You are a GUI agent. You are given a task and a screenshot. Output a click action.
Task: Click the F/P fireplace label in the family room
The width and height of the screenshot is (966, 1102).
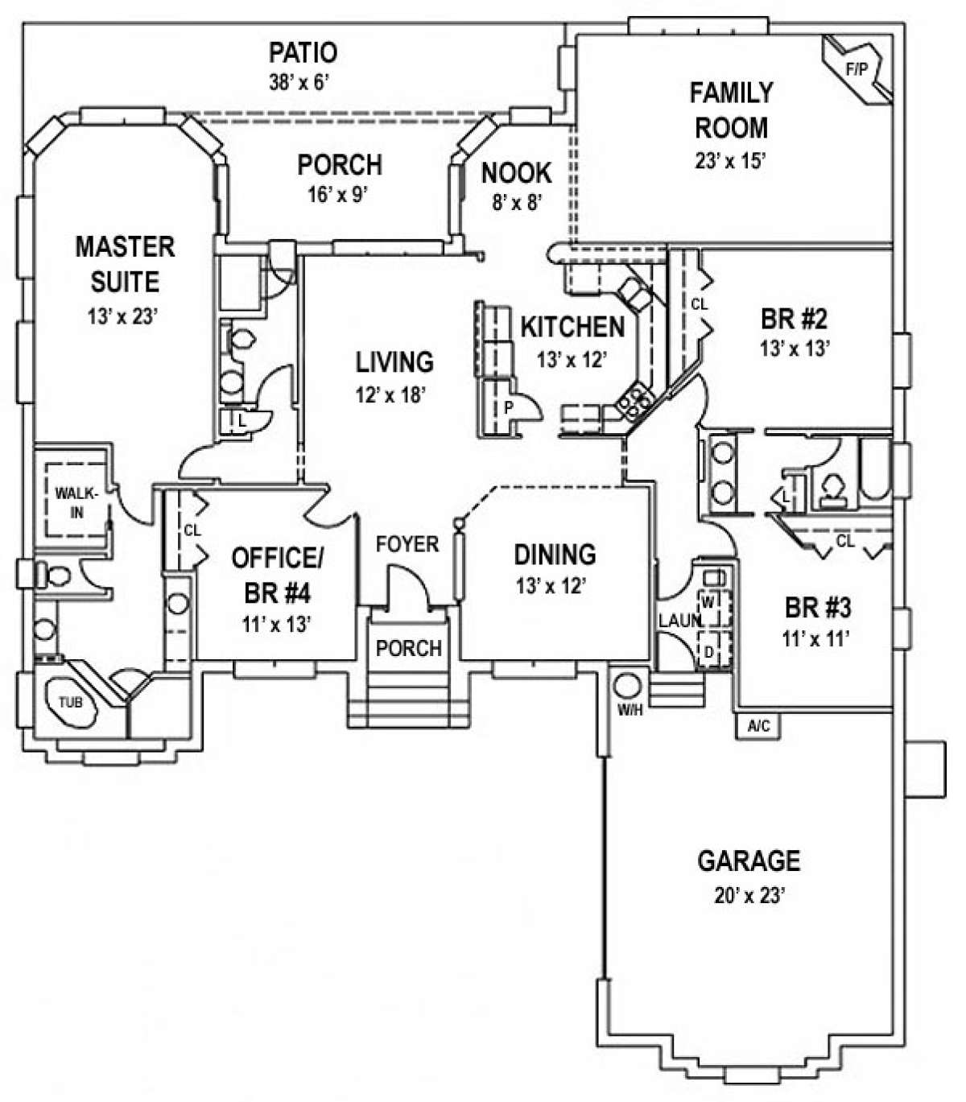coord(857,69)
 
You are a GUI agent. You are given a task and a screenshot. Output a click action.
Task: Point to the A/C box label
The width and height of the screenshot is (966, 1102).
coord(758,726)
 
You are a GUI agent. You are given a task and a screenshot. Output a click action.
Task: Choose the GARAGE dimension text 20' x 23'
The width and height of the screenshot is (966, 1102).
coord(748,896)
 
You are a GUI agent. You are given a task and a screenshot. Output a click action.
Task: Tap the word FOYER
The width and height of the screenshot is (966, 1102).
coord(407,544)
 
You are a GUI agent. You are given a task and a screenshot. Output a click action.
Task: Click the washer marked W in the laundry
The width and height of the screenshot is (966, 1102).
coord(709,601)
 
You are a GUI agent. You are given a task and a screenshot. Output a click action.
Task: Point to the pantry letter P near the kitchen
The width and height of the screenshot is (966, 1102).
coord(509,408)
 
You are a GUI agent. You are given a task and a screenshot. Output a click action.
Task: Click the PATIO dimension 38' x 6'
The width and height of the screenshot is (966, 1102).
coord(301,82)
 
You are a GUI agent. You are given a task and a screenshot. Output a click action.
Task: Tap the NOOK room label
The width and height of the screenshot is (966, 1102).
coord(516,172)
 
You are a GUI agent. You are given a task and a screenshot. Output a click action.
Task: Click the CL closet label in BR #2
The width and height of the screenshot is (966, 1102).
coord(699,305)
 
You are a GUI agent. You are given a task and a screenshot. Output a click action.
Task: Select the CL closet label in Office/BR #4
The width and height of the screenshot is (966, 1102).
coord(192,530)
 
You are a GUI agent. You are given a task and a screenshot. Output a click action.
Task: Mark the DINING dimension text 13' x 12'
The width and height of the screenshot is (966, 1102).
coord(555,586)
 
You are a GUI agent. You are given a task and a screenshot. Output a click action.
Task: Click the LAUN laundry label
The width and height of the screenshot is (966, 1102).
coord(679,621)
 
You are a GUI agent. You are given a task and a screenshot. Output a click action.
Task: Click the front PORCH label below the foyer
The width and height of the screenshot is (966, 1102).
coord(409,648)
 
